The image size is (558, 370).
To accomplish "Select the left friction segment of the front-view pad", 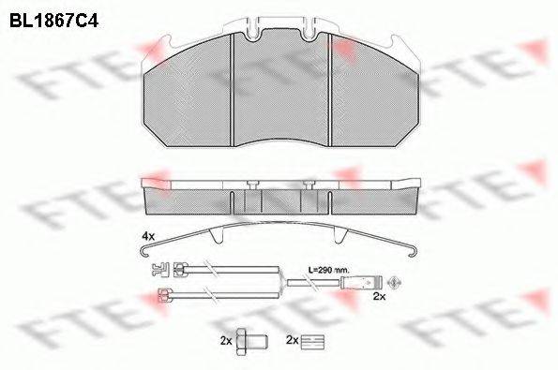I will click(x=189, y=95).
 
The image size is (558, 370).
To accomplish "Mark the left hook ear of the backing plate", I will click(x=158, y=42).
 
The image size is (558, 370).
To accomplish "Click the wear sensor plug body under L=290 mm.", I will click(x=361, y=280).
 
